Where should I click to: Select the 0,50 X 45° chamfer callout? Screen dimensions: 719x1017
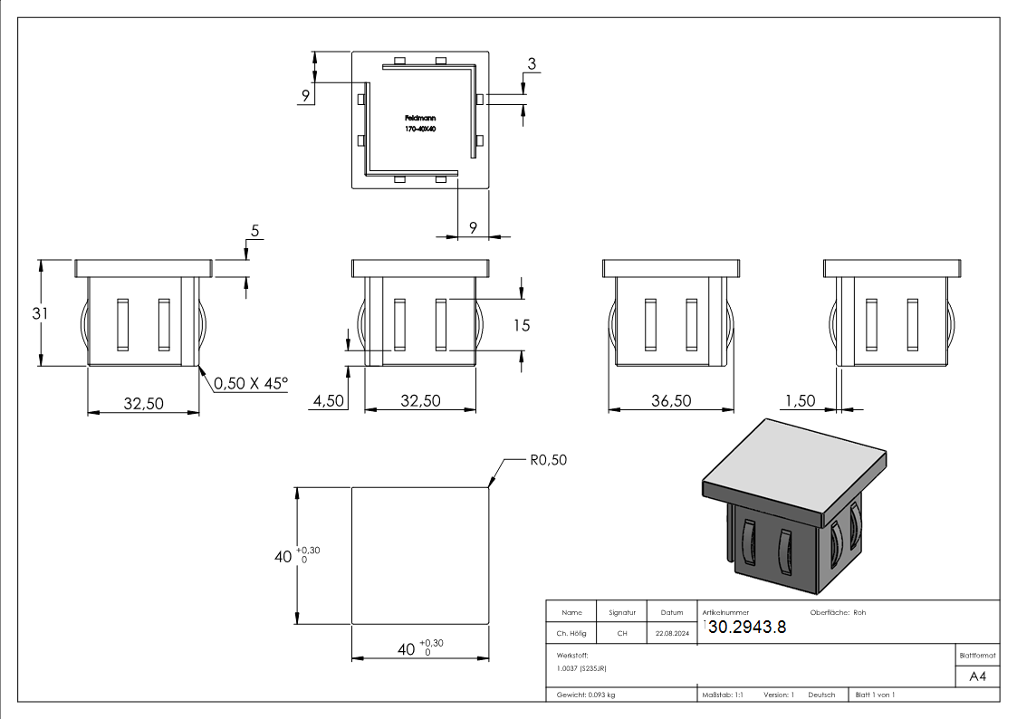pos(251,383)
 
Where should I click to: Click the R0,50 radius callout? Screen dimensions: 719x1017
pos(547,460)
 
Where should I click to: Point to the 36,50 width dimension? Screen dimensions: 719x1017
pos(671,400)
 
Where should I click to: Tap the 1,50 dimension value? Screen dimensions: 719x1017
pos(801,400)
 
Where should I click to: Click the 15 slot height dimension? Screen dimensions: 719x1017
pos(521,324)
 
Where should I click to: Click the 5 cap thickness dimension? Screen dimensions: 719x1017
pos(254,232)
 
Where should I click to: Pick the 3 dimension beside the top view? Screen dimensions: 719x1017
pos(532,63)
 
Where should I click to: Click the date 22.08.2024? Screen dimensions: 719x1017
pos(672,634)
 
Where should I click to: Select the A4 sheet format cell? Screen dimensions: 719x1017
pos(977,676)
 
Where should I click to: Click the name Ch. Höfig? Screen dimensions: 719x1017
pos(571,634)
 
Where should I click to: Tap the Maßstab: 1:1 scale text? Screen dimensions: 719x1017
pos(723,695)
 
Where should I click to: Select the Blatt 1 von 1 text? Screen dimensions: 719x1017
pos(875,695)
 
